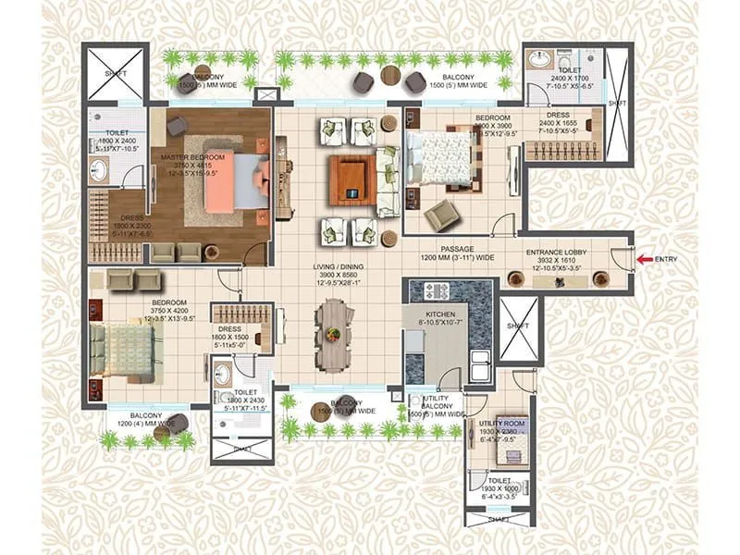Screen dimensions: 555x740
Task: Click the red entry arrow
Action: pos(644,260)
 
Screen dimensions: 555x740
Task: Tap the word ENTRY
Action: pos(668,260)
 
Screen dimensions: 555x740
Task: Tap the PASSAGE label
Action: pos(457,248)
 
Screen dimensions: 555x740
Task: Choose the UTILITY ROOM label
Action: pos(501,423)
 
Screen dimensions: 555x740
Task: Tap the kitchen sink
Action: pos(480,364)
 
